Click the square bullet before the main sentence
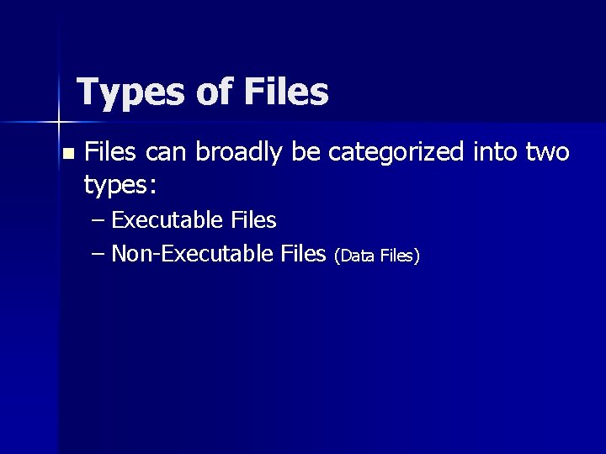[68, 154]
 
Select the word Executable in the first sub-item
[167, 220]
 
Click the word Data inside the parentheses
[359, 255]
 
